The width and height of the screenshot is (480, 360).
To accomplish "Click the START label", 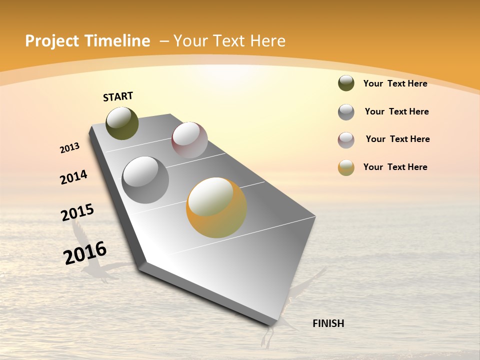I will (118, 96).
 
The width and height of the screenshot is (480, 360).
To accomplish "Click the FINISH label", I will (328, 323).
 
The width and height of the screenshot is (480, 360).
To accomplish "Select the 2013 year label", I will (69, 148).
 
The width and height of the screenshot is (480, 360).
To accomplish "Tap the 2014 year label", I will (73, 177).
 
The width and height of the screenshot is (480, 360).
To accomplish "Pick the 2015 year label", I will (77, 212).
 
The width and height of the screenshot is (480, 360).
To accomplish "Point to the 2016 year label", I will (85, 253).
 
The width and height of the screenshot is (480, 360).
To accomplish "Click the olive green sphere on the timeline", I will (122, 123).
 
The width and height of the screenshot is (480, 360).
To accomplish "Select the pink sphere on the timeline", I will (189, 140).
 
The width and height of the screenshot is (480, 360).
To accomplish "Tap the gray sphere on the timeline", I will (145, 180).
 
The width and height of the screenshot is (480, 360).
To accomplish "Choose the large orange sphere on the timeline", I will (216, 207).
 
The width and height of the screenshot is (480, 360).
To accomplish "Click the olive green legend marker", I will (346, 83).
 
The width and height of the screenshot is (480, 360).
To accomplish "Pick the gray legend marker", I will (346, 112).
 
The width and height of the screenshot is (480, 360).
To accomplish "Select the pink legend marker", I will (346, 140).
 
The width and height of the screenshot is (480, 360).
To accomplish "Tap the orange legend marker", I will (346, 167).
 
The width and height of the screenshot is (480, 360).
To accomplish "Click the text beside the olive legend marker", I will (395, 83).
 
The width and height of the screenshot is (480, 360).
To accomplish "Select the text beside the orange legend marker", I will (395, 167).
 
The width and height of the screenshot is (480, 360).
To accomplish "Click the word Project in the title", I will (52, 41).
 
